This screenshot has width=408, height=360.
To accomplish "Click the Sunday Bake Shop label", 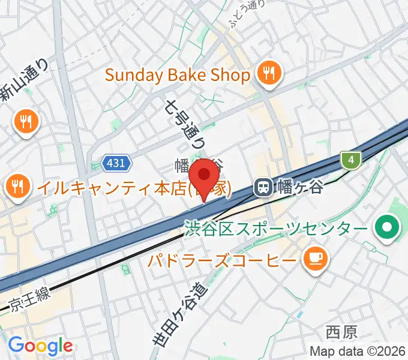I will (177, 76).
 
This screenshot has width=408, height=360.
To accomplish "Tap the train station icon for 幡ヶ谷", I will (263, 188).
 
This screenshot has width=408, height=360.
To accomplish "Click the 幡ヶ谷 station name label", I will (299, 188).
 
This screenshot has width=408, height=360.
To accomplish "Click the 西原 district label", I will (341, 331).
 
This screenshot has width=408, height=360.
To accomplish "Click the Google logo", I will (40, 346).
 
